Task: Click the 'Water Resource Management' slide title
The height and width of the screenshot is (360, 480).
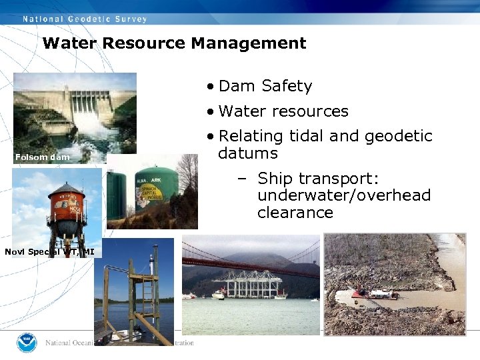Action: click(x=174, y=44)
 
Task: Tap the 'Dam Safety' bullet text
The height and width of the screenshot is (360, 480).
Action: click(x=265, y=86)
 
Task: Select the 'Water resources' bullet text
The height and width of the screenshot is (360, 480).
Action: click(x=283, y=111)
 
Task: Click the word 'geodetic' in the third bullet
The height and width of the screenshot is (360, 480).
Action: click(x=398, y=137)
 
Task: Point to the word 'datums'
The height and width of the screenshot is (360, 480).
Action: click(x=248, y=153)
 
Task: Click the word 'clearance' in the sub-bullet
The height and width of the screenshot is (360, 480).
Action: click(x=295, y=213)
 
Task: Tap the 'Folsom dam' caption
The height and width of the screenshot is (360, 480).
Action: click(x=42, y=157)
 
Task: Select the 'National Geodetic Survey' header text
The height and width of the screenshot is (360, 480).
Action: click(x=85, y=19)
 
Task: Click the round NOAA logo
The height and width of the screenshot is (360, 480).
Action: click(x=27, y=343)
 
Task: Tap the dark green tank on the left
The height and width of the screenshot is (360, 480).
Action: click(x=117, y=193)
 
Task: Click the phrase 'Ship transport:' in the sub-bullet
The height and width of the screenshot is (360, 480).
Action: click(x=309, y=179)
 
